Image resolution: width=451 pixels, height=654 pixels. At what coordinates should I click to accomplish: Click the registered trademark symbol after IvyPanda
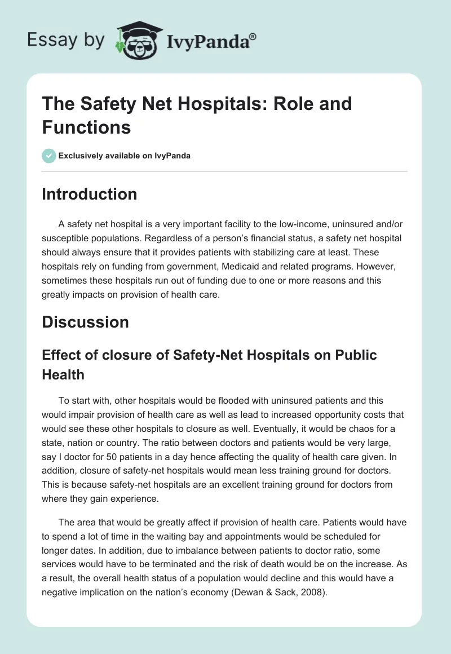coord(253,36)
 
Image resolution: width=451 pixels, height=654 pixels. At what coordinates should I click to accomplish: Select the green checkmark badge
coord(49,156)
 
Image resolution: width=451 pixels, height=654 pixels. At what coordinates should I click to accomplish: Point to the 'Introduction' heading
coord(90,194)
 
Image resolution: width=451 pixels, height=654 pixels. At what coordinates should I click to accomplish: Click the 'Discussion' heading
coord(85,322)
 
